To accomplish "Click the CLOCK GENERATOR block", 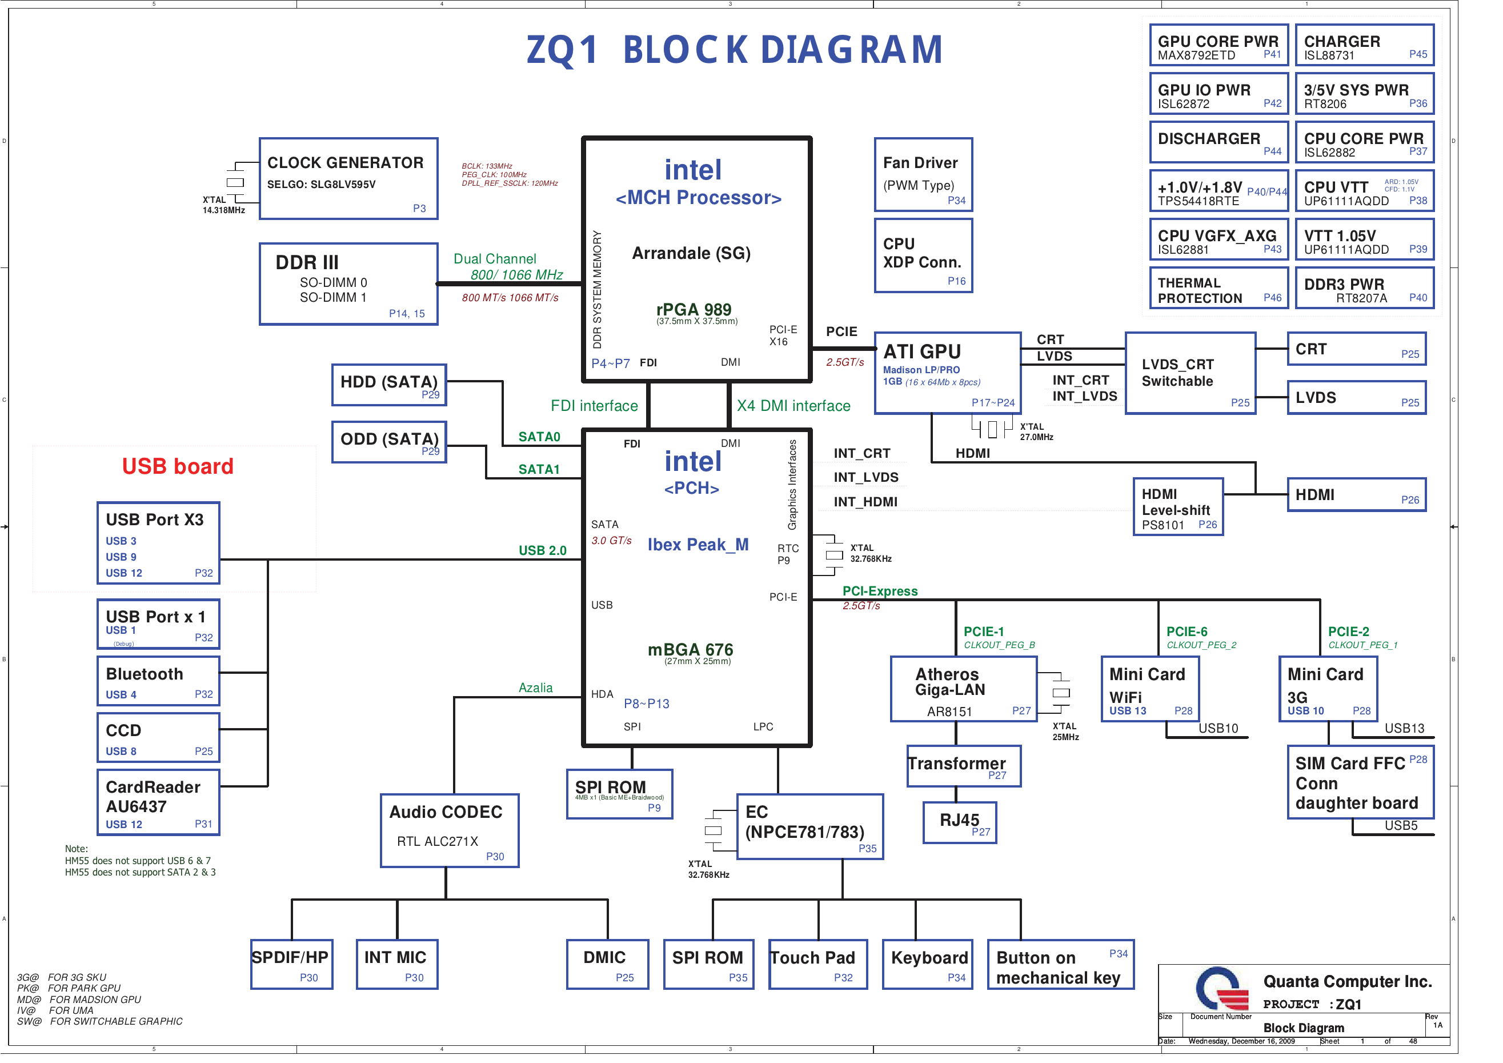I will click(348, 178).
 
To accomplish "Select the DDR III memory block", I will click(348, 283).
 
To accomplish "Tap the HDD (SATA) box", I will click(389, 385).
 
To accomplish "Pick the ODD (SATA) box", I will click(389, 442).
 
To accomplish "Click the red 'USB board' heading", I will click(178, 466).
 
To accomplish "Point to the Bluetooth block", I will click(158, 681).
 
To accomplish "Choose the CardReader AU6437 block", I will click(158, 802).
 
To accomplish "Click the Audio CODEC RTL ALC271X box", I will click(450, 830).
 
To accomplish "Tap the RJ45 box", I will click(960, 822).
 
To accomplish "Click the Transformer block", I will click(964, 766).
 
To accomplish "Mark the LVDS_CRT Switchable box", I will click(1190, 373).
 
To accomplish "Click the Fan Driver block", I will click(923, 174).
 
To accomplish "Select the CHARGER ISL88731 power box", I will click(1364, 45).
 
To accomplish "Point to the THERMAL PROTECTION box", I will click(1219, 287).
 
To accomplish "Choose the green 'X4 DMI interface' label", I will click(793, 406).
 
